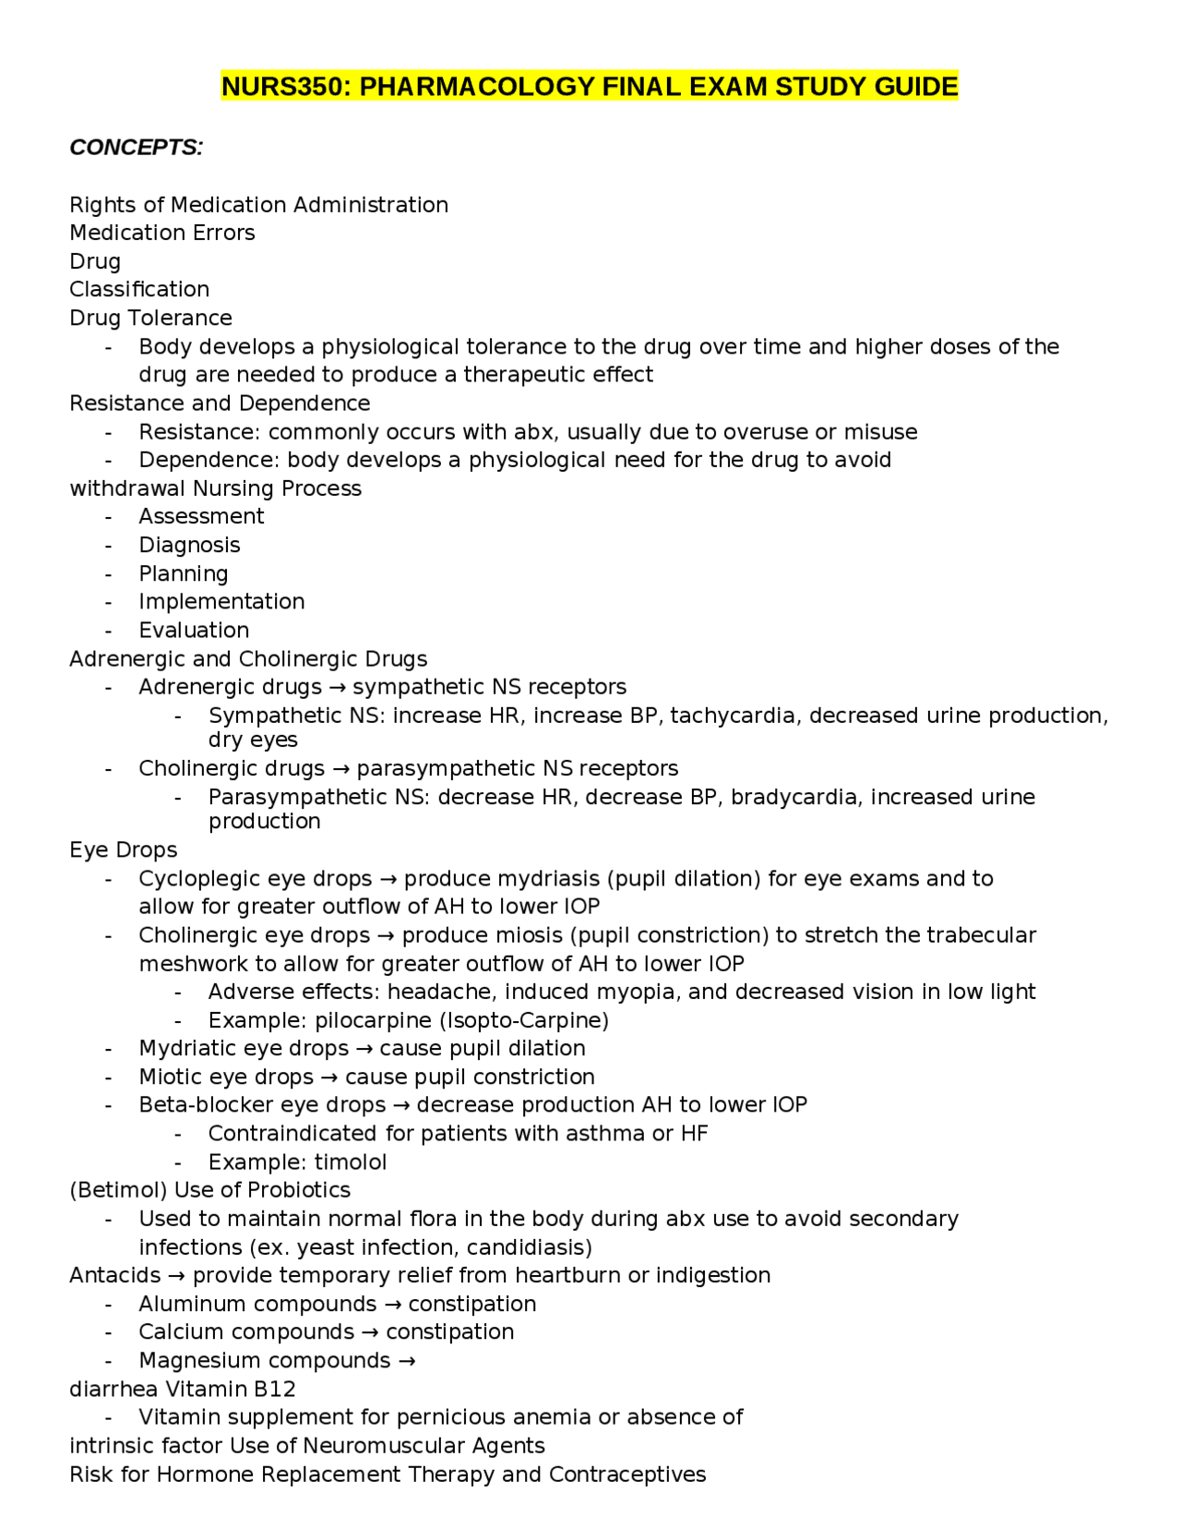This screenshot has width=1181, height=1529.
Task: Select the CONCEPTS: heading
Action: coord(137,148)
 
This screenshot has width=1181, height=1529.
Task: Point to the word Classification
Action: coord(139,290)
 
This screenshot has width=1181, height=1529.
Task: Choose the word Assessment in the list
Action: coord(201,516)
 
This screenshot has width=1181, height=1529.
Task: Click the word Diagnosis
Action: coord(189,545)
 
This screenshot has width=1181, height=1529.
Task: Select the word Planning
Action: coord(183,573)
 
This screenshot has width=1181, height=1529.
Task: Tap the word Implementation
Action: coord(221,602)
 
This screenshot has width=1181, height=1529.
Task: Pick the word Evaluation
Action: coord(194,631)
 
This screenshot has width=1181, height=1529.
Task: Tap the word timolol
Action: coord(352,1162)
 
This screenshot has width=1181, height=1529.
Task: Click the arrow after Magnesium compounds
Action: coord(406,1361)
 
